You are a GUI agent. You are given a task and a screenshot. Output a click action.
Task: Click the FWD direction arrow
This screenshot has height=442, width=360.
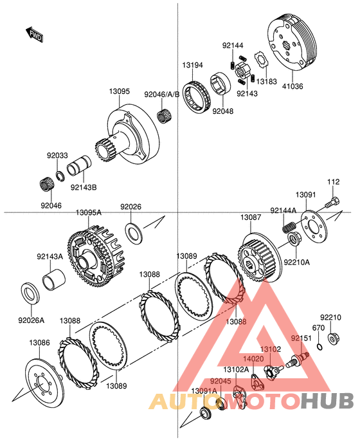35,34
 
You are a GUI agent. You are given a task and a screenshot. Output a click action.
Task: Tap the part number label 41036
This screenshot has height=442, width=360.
292,86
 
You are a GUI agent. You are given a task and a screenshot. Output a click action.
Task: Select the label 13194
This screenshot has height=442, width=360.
192,65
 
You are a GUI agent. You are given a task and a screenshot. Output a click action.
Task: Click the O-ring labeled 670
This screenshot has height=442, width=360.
319,346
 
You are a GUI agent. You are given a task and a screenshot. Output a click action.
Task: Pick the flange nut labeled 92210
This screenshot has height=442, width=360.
333,337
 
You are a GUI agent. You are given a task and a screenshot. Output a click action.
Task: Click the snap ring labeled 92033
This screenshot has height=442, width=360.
60,177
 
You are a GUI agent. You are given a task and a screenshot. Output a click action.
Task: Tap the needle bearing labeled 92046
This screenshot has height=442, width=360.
46,184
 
